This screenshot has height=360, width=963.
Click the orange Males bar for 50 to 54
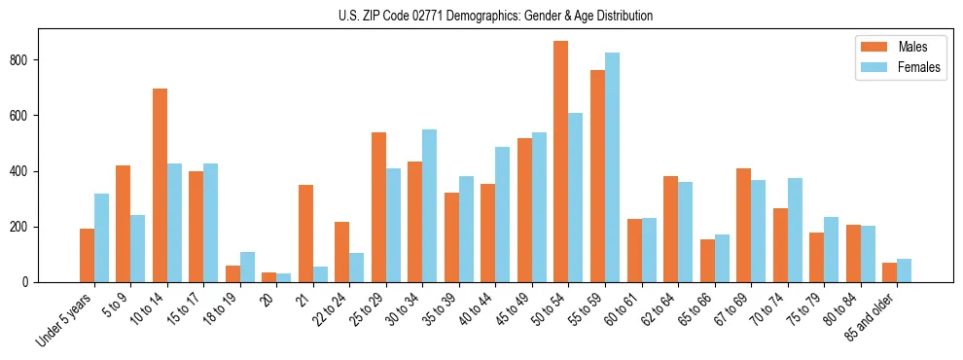[x=561, y=162]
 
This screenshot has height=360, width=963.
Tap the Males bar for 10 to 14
[x=160, y=185]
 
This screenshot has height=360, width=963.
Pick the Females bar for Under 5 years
[x=101, y=237]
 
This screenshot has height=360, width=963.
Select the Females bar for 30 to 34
[x=430, y=205]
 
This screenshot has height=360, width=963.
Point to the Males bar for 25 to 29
[x=378, y=207]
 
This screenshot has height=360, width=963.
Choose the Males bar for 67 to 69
[x=743, y=225]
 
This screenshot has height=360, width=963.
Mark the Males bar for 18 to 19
[x=232, y=273]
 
